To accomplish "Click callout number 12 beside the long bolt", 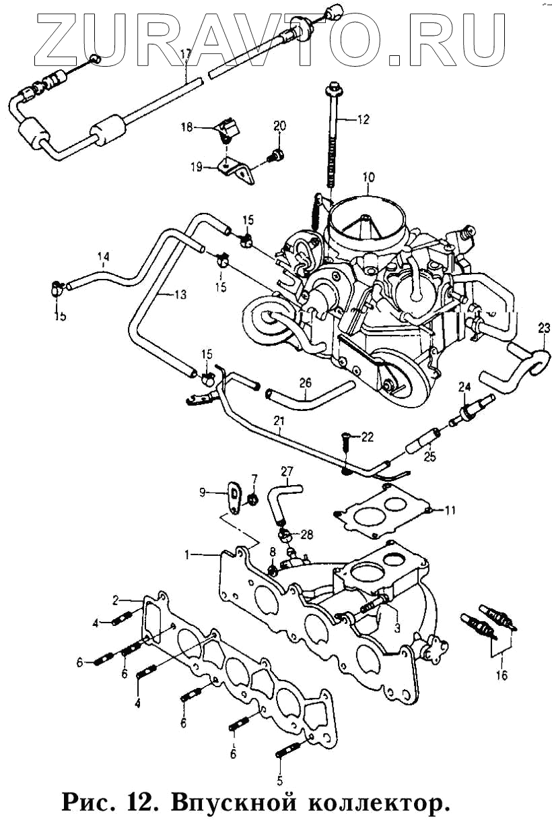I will (x=363, y=121).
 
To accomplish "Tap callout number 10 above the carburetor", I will (x=368, y=178).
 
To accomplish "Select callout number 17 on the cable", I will (x=186, y=53).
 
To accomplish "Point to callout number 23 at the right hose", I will (x=543, y=329).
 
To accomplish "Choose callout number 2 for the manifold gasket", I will (x=116, y=599).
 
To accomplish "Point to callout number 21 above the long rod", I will (x=279, y=421).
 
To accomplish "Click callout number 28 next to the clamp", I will (x=307, y=535).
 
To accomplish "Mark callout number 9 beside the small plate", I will (x=201, y=493).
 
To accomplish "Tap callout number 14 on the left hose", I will (x=103, y=256).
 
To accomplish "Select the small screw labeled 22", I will (x=345, y=439).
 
